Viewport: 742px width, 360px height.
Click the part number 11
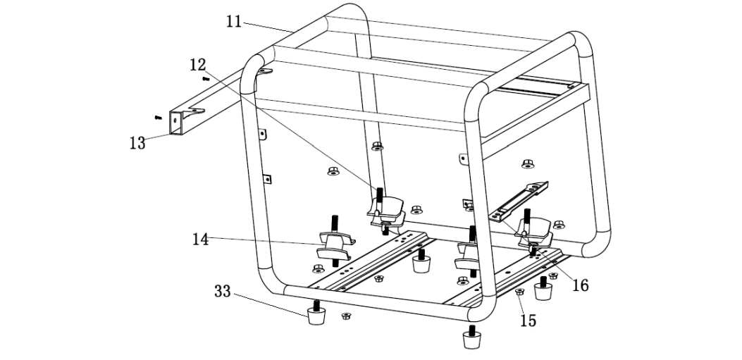(234, 21)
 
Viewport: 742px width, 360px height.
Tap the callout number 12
(197, 65)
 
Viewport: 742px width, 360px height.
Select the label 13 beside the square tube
(137, 143)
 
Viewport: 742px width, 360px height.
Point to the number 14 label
(201, 239)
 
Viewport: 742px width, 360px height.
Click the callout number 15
(528, 321)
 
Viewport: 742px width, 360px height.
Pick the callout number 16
(580, 285)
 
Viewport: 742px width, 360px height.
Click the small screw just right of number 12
(206, 79)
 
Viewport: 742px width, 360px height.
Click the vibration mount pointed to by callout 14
(334, 243)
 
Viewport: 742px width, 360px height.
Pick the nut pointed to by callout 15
(519, 291)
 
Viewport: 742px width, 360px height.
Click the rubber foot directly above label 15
(543, 289)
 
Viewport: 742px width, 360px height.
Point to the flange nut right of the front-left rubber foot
(346, 316)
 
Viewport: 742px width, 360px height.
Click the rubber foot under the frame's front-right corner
(471, 337)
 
